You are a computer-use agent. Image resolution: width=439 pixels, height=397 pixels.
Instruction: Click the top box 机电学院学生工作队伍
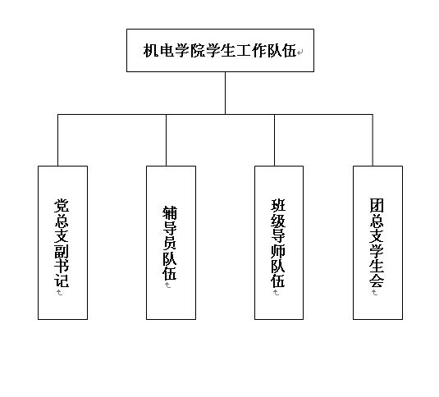220,50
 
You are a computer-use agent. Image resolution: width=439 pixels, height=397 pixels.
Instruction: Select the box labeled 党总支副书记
62,242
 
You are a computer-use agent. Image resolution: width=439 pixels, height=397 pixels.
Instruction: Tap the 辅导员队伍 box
171,242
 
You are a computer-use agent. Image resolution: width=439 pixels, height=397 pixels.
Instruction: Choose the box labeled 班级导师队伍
279,242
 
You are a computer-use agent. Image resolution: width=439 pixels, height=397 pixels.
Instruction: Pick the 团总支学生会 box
377,242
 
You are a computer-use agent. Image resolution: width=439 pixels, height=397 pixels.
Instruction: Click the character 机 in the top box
151,51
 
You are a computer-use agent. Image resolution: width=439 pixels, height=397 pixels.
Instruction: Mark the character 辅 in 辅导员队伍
171,212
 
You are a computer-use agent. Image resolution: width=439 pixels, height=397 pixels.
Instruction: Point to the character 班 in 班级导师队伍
279,205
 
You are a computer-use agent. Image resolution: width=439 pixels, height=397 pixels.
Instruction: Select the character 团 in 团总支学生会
377,205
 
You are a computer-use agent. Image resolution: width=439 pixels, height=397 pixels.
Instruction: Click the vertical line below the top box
225,93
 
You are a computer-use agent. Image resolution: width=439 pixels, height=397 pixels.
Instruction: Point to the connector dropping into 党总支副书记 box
57,140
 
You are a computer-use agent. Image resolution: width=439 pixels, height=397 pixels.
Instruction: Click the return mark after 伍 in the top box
300,52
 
